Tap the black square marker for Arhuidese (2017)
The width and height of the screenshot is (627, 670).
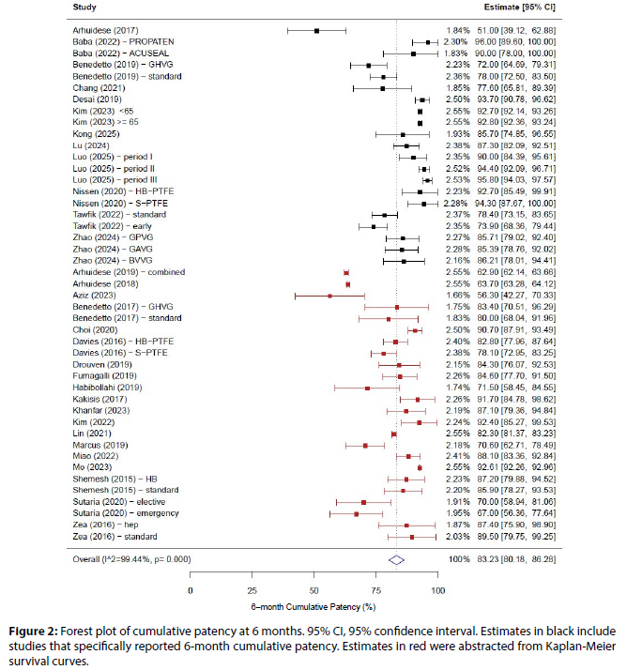click(317, 31)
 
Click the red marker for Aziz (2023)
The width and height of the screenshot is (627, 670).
click(329, 296)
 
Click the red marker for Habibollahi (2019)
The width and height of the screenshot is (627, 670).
click(367, 388)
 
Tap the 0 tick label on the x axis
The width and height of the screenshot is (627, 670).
click(191, 590)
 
